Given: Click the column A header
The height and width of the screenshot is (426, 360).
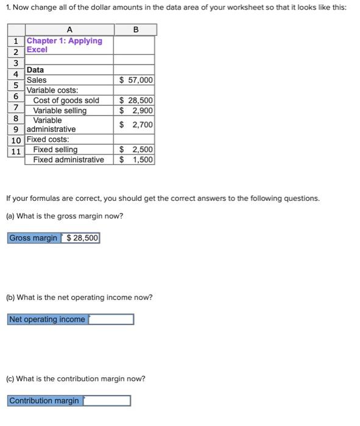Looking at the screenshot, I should tap(69, 30).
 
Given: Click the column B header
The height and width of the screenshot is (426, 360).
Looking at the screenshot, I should tap(135, 30).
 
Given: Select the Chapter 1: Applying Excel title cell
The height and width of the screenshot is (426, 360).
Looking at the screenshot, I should tap(64, 45).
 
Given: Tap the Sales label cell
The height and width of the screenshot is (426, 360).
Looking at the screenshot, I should tap(37, 80).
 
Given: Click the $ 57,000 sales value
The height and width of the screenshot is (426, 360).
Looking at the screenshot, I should tap(136, 80).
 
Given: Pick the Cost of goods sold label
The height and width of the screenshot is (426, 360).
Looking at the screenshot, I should tap(66, 100).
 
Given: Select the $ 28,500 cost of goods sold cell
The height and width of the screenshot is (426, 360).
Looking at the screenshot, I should tap(136, 100).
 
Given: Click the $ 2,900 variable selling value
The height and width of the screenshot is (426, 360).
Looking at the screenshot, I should tap(136, 110).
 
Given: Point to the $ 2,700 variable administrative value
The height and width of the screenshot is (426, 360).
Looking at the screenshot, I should tap(136, 125).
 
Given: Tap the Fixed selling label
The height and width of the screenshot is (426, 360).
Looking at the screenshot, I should tap(55, 150).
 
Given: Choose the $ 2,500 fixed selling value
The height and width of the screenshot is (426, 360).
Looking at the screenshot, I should tap(136, 150).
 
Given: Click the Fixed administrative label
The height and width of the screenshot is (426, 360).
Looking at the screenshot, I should tap(68, 159).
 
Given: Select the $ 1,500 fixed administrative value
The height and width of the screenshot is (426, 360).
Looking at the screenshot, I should tap(136, 159).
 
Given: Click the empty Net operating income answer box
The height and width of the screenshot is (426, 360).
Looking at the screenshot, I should tap(111, 319).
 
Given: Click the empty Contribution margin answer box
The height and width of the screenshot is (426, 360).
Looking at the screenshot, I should tap(107, 400).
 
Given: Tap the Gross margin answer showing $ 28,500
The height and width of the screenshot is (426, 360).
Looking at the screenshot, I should tap(80, 238).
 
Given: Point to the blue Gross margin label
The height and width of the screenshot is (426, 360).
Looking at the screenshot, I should tap(34, 238).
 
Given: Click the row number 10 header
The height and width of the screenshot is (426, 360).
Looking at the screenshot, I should tap(16, 139).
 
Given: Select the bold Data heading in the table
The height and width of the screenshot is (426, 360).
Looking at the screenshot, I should tap(35, 70).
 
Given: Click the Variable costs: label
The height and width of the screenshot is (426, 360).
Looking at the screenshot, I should tap(52, 90).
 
